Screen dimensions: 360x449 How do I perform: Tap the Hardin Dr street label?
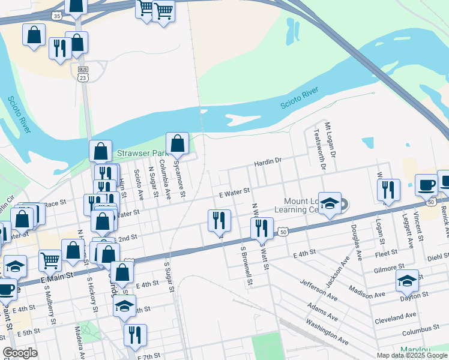click(268, 161)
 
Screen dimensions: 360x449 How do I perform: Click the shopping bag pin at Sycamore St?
click(177, 145)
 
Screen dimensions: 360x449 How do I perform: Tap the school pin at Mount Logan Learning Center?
click(330, 204)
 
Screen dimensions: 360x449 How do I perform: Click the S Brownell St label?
click(244, 265)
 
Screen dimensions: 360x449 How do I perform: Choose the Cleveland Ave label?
click(394, 316)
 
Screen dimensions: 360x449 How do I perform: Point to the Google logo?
click(20, 353)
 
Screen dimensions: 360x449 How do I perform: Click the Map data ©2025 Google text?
click(411, 355)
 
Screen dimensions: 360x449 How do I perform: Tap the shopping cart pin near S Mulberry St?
click(50, 260)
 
